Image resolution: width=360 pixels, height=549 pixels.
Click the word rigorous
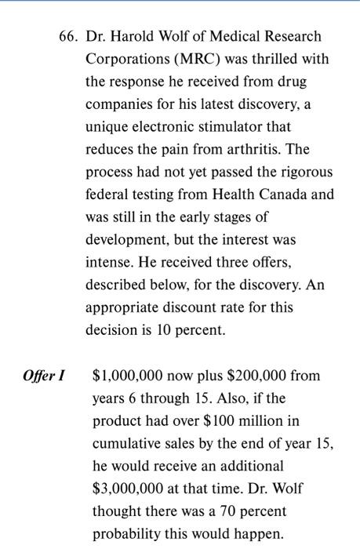[x=306, y=172]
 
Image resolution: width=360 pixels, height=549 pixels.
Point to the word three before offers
[x=230, y=262]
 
